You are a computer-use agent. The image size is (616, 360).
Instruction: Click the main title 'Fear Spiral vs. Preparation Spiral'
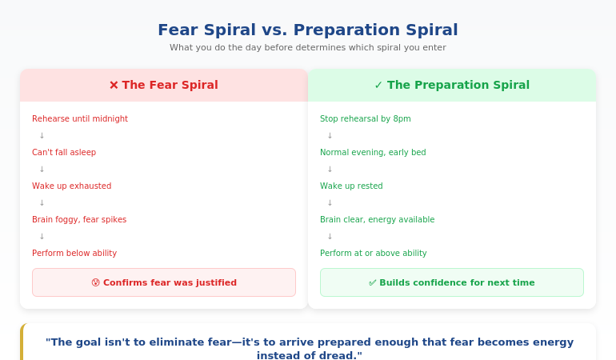(x=307, y=30)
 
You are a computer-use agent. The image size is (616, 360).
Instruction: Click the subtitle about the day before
(x=307, y=48)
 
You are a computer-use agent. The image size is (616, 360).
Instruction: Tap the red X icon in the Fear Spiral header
(x=114, y=85)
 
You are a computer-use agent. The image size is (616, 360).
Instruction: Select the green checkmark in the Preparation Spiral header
(x=378, y=85)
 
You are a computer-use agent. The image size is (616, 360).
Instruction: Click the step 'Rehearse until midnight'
(x=80, y=119)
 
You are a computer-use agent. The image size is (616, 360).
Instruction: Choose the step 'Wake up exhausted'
(x=72, y=186)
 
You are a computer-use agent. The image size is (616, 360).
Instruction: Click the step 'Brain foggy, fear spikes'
(x=79, y=220)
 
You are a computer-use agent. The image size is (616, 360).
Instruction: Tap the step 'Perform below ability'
(x=74, y=254)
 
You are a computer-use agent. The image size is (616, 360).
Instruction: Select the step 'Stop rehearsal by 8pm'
(x=366, y=119)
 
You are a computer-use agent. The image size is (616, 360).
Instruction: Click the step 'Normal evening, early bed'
(x=373, y=153)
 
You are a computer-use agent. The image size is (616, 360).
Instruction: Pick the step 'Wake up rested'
(x=351, y=186)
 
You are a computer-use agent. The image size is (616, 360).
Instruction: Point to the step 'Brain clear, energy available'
(x=378, y=220)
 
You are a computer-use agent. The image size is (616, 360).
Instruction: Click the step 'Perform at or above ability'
(x=374, y=254)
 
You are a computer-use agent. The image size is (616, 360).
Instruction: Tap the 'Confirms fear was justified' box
(x=164, y=282)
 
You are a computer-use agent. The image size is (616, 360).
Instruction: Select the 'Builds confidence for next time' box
(x=452, y=282)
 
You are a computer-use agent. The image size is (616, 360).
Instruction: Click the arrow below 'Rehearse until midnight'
(x=42, y=136)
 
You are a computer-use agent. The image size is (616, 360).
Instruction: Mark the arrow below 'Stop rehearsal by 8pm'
(x=330, y=136)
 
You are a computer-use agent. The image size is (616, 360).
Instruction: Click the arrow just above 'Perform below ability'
(x=42, y=237)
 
